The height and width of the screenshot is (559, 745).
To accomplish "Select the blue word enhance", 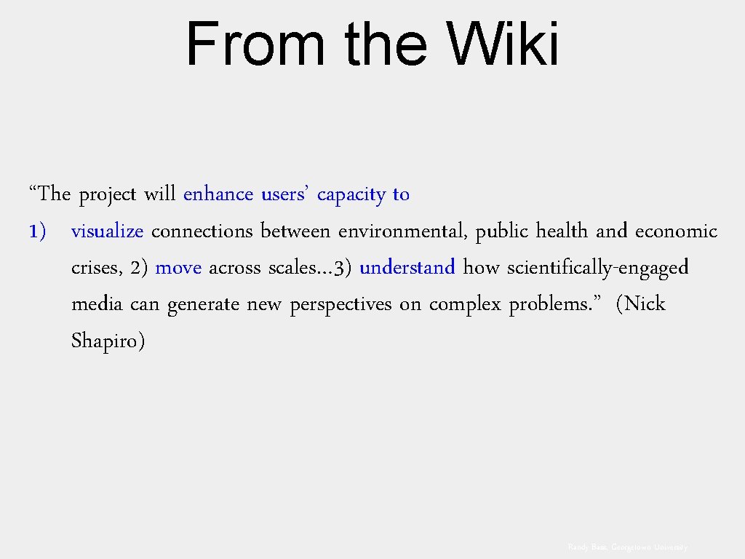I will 218,194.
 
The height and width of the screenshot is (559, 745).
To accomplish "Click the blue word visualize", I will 108,231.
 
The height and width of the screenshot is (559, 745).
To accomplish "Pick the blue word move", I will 178,268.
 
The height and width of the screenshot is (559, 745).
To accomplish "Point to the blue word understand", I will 407,268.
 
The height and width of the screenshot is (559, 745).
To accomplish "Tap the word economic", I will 676,231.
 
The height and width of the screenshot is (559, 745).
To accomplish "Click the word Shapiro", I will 108,341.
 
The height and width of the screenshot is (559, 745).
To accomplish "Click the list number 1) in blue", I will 38,231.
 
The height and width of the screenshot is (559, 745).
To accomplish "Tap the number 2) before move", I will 140,268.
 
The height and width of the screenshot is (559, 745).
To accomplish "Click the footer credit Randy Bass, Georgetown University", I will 628,547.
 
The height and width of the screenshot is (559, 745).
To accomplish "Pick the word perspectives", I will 340,304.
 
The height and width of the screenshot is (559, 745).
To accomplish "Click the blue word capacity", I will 351,195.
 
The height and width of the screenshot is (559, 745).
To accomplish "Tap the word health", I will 562,231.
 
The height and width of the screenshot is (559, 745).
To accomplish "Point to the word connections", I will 202,231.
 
